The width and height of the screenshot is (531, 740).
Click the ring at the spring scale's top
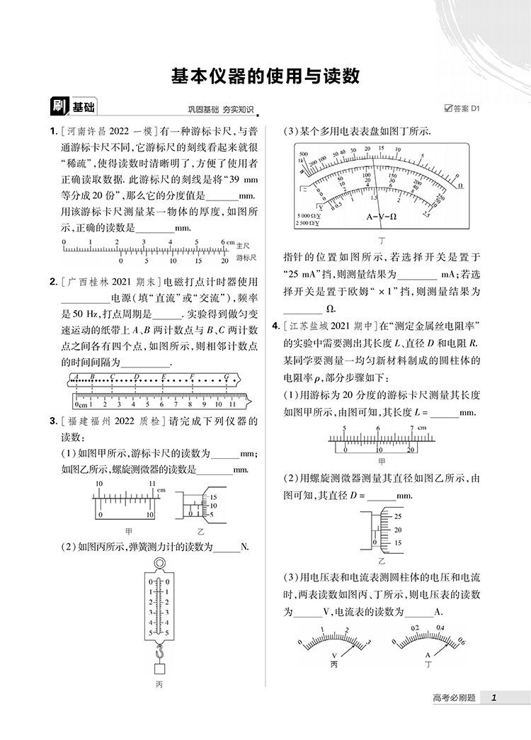coord(159,564)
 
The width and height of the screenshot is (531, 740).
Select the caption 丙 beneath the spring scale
coord(159,684)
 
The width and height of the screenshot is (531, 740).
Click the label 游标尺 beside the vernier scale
coord(246,258)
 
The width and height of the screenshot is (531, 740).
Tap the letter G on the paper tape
coord(226,376)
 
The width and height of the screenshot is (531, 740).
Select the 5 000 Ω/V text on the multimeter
coord(309,215)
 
